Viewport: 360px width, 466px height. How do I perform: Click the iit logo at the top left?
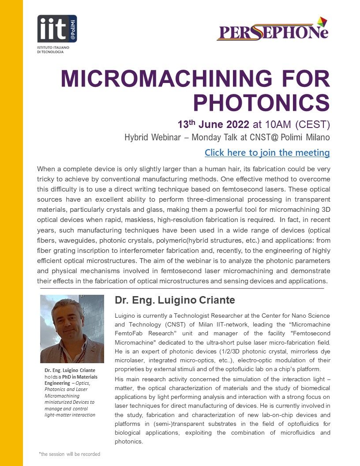pos(56,29)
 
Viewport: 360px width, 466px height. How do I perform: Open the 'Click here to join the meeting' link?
pos(267,153)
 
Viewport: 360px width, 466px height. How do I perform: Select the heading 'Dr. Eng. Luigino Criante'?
pos(175,301)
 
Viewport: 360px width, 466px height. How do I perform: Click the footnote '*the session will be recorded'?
pos(69,454)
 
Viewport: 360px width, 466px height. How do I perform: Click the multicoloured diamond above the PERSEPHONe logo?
pos(322,21)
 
